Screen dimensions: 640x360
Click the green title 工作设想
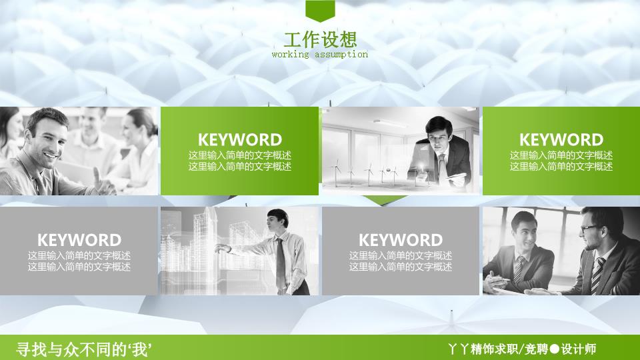click(x=321, y=39)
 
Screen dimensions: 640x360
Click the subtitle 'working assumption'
click(x=320, y=54)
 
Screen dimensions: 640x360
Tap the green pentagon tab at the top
click(x=320, y=11)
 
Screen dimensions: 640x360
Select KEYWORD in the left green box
click(x=240, y=140)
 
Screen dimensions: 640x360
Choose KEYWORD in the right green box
click(x=561, y=140)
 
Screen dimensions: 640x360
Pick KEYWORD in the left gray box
click(x=79, y=240)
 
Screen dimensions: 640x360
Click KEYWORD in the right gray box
click(x=401, y=240)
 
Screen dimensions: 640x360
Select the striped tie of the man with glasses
click(x=597, y=275)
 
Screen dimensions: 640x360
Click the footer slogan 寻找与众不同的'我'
click(x=84, y=349)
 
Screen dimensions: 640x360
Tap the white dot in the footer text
click(x=554, y=349)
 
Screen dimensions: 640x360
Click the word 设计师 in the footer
click(x=579, y=349)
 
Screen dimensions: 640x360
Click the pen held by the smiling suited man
click(x=501, y=279)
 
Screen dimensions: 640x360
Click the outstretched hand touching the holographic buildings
click(x=223, y=248)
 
